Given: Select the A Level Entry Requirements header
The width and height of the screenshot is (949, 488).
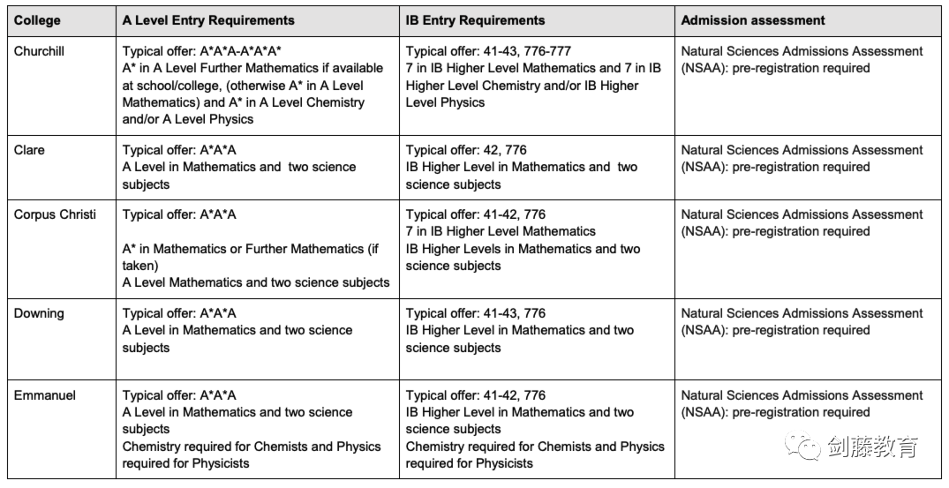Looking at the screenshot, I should click(208, 20).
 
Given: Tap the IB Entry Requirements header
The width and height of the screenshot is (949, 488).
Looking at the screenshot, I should click(475, 20).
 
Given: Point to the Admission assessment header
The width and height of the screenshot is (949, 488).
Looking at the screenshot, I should click(753, 20).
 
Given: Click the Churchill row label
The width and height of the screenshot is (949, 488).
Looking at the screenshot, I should click(39, 51).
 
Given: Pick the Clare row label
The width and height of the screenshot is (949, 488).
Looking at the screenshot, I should click(29, 150).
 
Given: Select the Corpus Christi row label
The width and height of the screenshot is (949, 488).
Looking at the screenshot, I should click(55, 214).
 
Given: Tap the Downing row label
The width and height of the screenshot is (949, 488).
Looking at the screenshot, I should click(39, 313).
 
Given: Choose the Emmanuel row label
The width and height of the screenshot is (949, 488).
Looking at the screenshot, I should click(44, 395).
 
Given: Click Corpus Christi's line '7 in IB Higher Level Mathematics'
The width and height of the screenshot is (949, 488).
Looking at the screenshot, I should click(501, 231).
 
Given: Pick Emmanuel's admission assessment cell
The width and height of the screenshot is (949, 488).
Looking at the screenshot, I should click(802, 404).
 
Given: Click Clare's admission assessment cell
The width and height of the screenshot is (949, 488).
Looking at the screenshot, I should click(802, 159).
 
